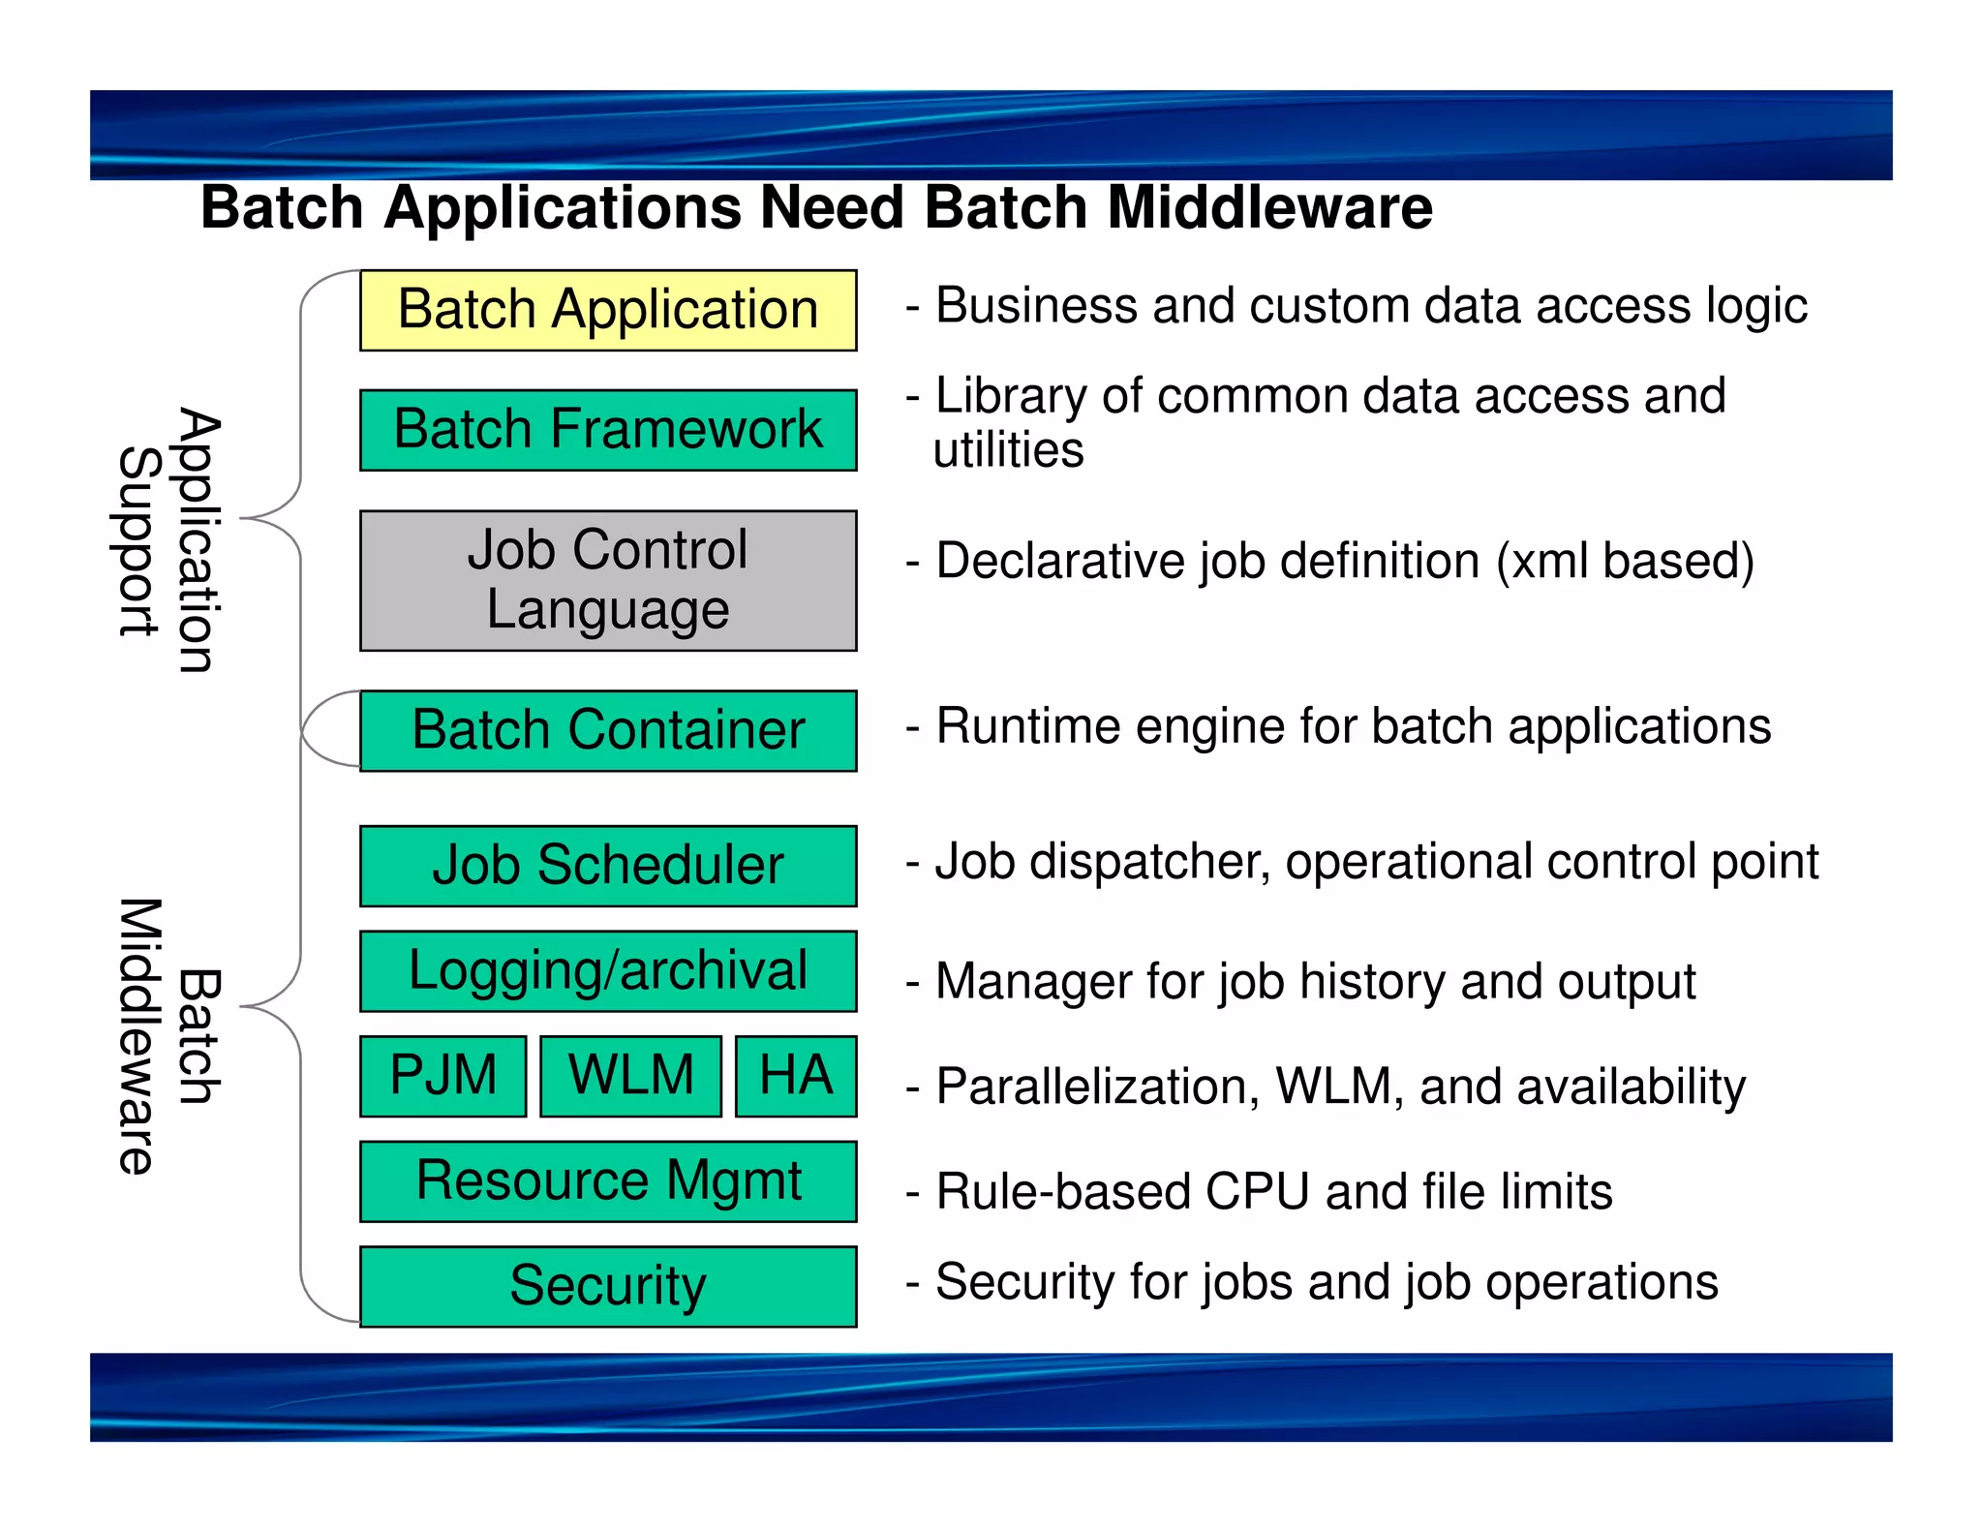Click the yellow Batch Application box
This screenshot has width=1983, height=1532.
(608, 310)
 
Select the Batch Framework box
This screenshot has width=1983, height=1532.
(608, 430)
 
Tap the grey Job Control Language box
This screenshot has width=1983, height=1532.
(608, 580)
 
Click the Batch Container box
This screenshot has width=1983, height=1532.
(608, 730)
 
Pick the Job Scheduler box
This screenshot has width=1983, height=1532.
(608, 866)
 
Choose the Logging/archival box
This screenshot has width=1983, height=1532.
(608, 971)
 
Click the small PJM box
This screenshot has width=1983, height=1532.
(443, 1076)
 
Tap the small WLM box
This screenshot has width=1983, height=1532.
(630, 1076)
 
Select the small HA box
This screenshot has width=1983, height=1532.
(796, 1076)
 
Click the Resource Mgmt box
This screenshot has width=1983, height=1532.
(608, 1181)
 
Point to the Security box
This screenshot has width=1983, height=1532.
(608, 1286)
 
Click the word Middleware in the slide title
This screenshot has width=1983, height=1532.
(1269, 208)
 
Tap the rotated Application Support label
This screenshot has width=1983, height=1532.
(168, 540)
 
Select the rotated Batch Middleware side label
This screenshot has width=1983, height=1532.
(168, 1036)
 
